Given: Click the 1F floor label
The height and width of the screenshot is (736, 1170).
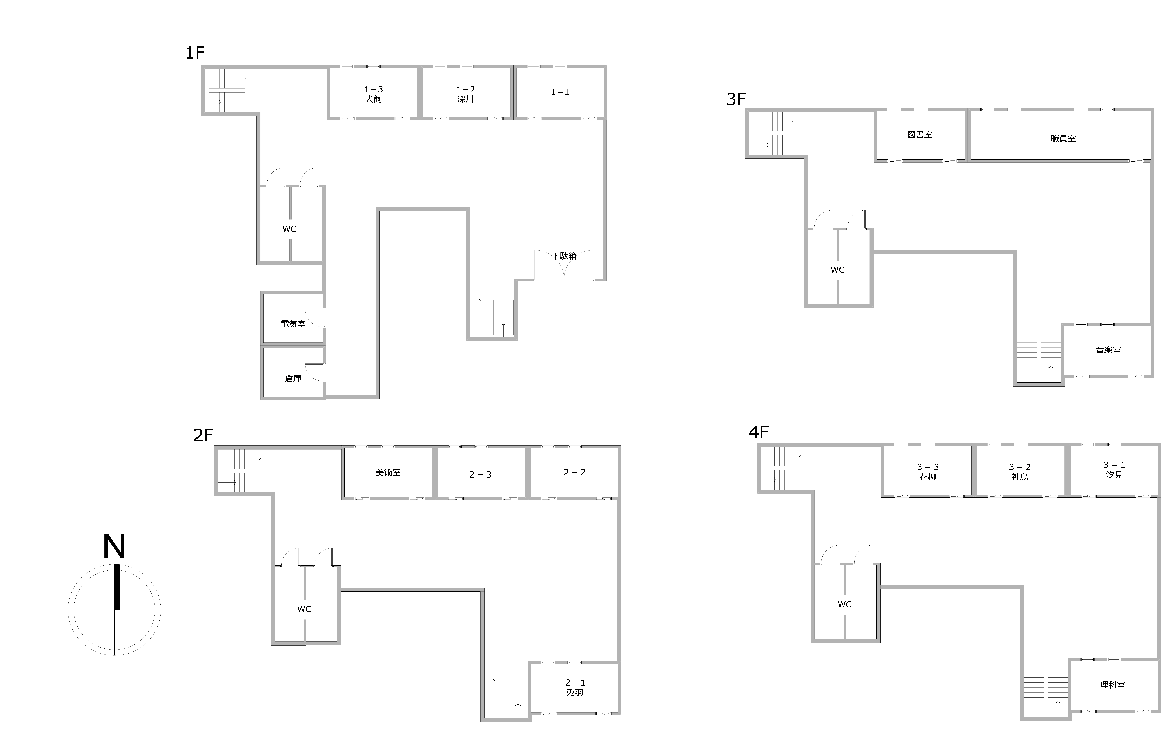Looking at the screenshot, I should (x=195, y=52).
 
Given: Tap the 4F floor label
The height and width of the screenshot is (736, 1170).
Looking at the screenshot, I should (x=758, y=432).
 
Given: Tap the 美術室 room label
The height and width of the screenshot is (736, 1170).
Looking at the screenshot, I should (x=388, y=472).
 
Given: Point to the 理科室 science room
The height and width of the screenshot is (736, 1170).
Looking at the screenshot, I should (x=1112, y=685).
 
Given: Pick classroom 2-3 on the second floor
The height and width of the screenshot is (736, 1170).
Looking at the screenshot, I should (x=480, y=475).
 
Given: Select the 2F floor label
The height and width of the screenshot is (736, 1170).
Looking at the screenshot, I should (x=203, y=435).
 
